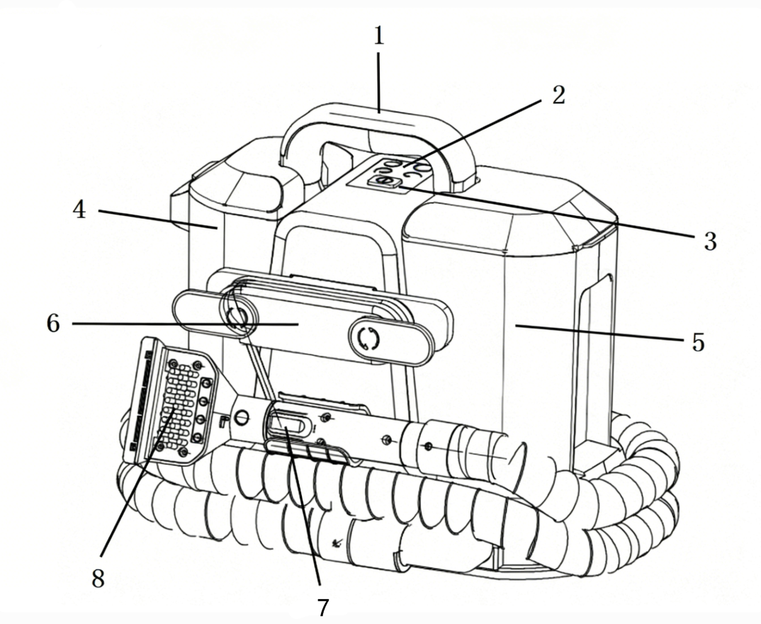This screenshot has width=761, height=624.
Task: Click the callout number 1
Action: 378,35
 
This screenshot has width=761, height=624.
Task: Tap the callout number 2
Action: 558,95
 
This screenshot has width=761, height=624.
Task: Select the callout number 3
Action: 710,241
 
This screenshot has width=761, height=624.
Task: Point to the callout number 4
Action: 79,210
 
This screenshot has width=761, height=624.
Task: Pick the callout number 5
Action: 697,343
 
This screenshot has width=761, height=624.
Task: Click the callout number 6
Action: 53,323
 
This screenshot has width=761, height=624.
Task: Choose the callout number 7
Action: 323,607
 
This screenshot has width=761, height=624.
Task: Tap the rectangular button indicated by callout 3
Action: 383,182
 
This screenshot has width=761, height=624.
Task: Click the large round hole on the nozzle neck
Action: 242,417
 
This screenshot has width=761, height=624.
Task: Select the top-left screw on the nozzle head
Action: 172,363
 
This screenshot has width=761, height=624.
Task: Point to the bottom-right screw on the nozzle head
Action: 183,452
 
